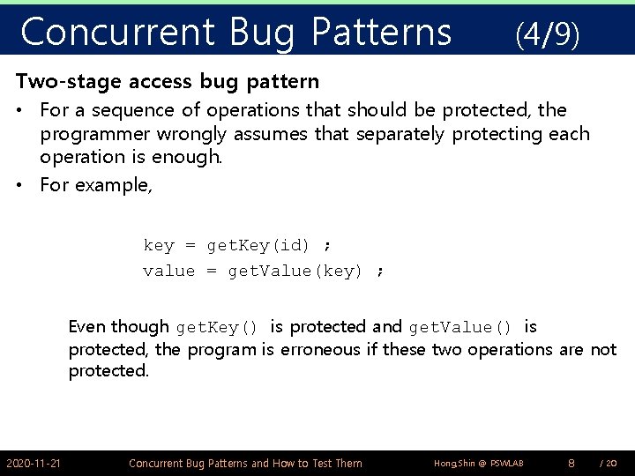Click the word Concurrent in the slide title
[117, 32]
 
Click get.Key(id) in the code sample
[258, 245]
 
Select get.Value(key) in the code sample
[295, 271]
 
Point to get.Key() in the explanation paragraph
[217, 328]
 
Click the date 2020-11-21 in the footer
[34, 463]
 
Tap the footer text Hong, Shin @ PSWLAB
[479, 463]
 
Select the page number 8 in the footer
[571, 463]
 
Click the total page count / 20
[608, 463]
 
